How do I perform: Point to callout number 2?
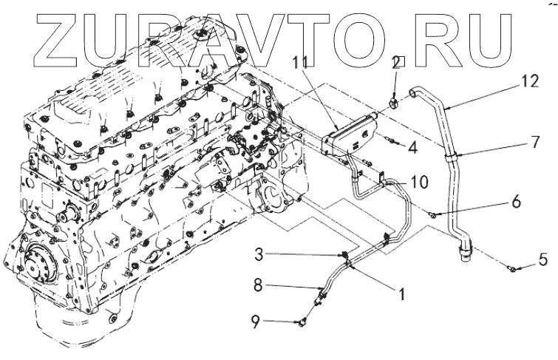(397, 62)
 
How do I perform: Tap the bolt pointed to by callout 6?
(435, 215)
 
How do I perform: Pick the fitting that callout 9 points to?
(302, 322)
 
